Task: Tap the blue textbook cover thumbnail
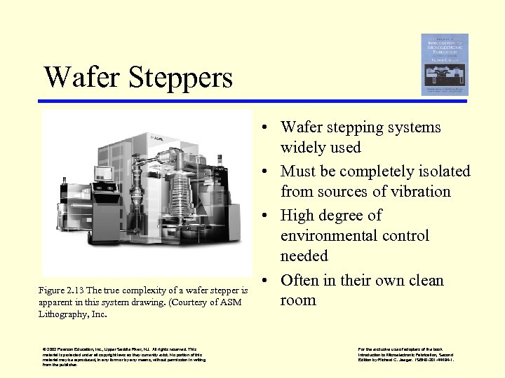[x=444, y=64]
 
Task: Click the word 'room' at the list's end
[x=298, y=300]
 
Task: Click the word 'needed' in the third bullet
[x=304, y=255]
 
